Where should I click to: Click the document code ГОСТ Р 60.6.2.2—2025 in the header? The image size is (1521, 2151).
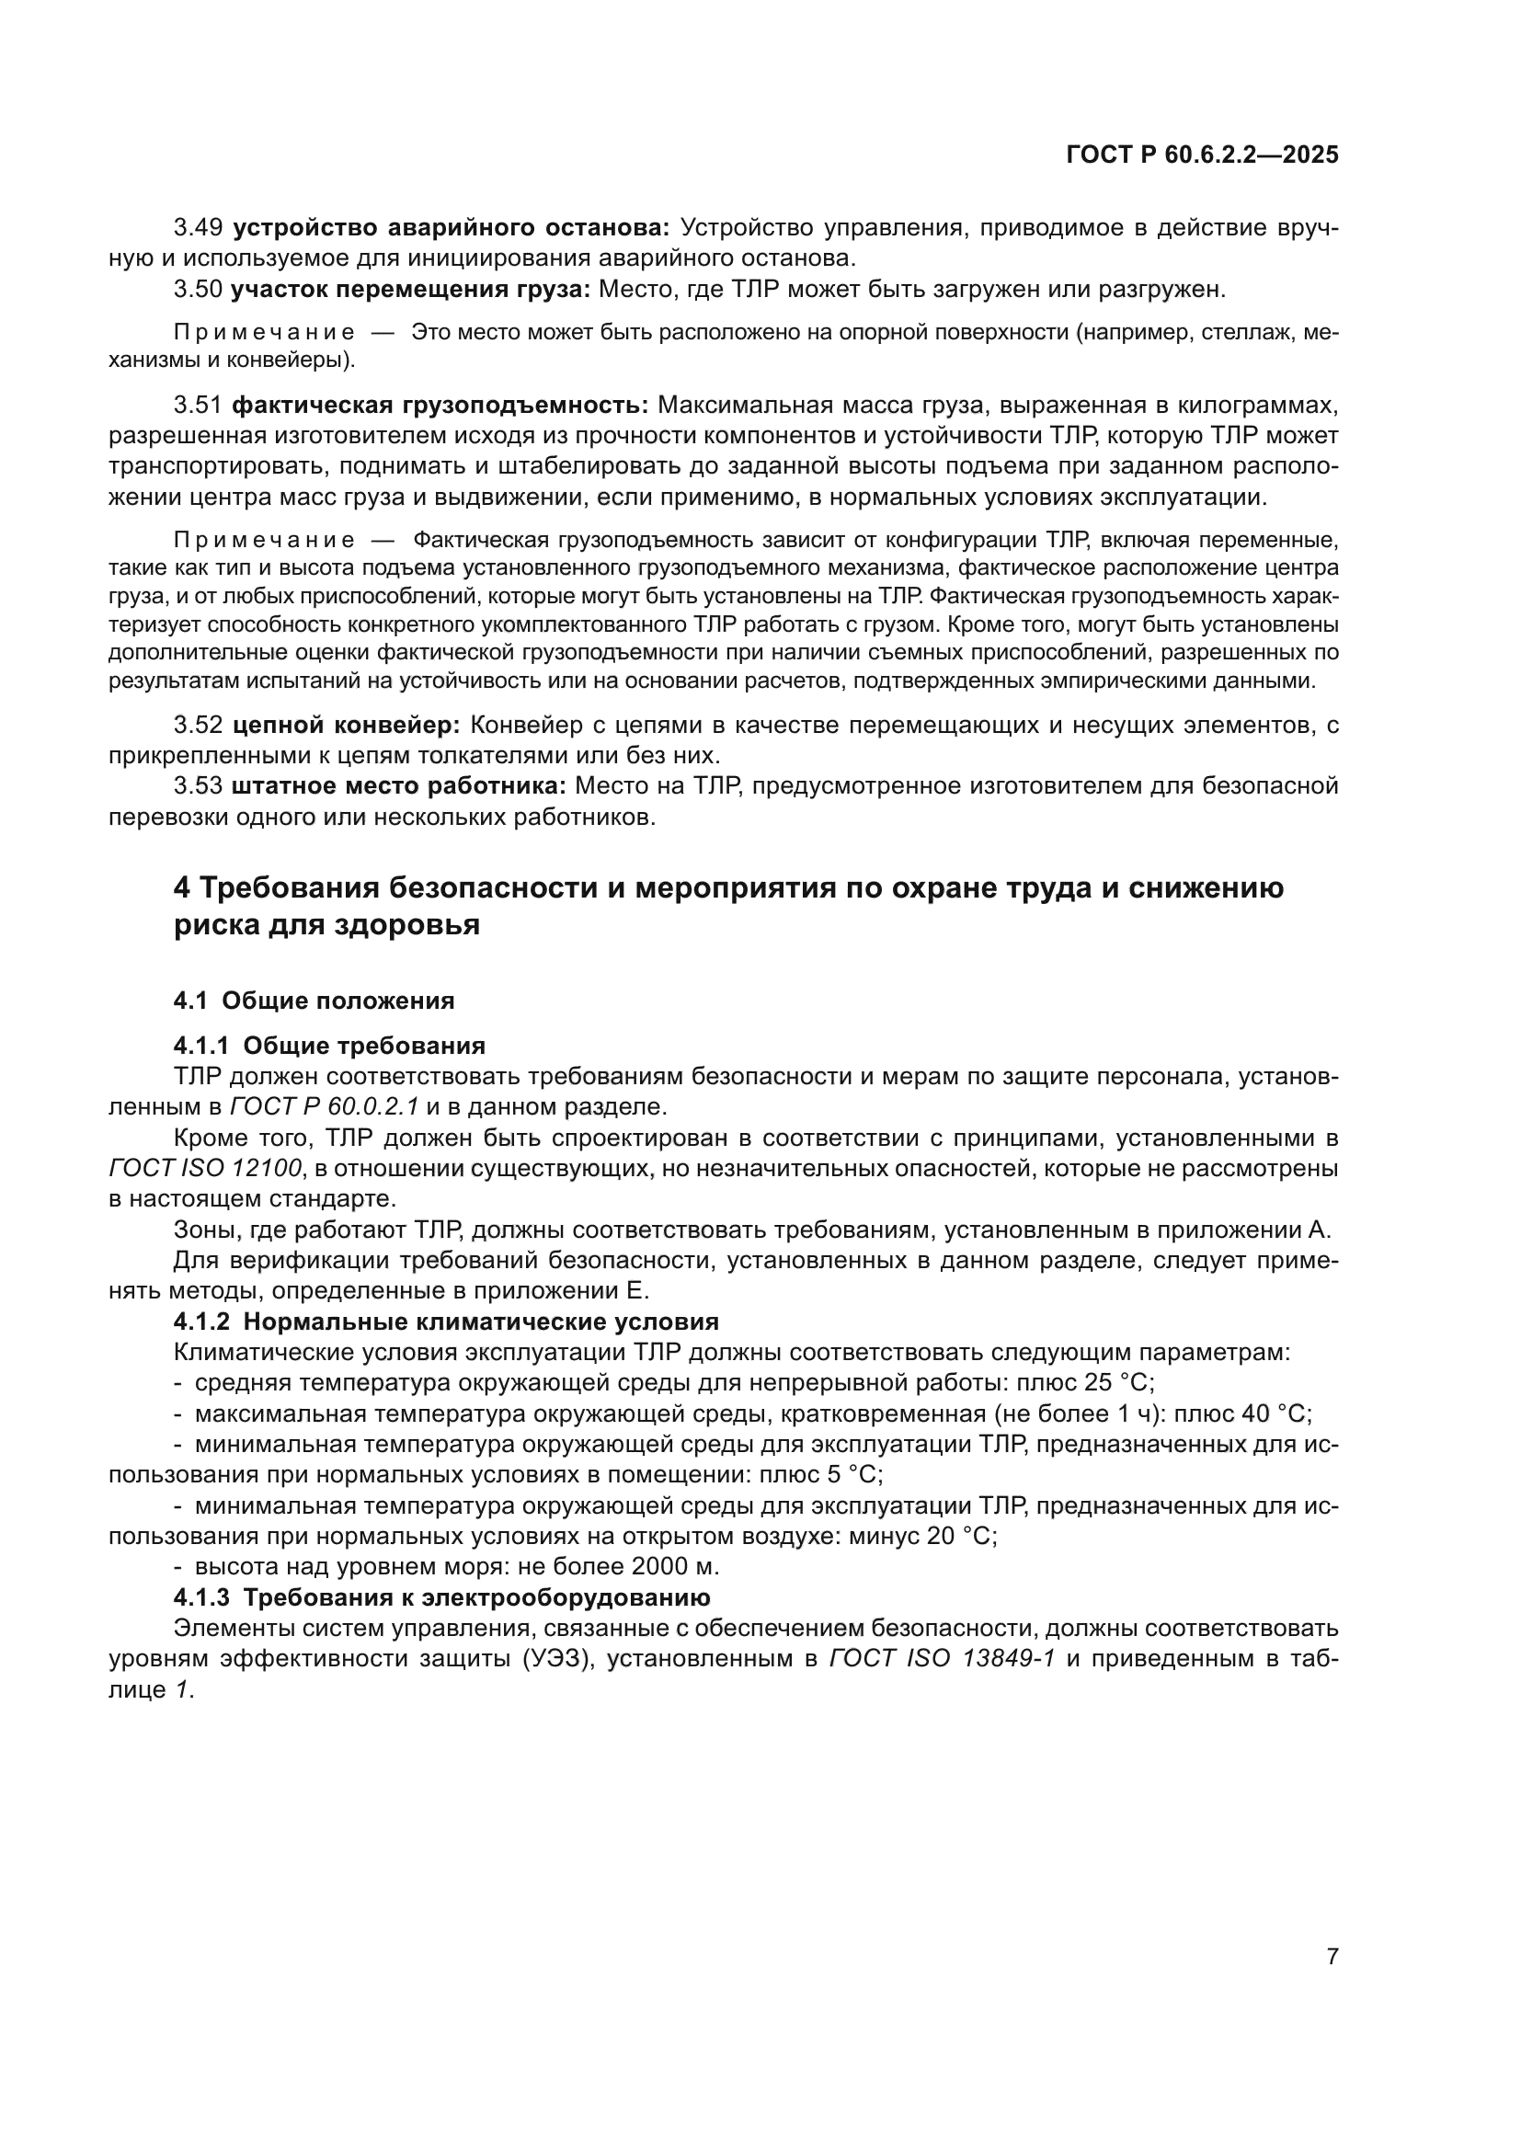tap(1202, 154)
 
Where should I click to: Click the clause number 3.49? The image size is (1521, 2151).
tap(198, 228)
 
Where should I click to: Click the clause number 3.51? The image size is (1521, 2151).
tap(198, 405)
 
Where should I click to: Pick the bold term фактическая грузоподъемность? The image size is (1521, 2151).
tap(440, 405)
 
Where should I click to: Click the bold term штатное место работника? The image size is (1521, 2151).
tap(399, 786)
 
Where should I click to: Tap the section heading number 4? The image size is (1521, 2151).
tap(182, 887)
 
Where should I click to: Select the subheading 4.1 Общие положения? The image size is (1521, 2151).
tap(314, 1001)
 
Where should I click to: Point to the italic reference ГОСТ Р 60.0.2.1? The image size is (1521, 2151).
tap(324, 1106)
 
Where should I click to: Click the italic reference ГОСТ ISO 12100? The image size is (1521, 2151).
tap(205, 1168)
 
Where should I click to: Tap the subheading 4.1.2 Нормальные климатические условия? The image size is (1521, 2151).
tap(446, 1321)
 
